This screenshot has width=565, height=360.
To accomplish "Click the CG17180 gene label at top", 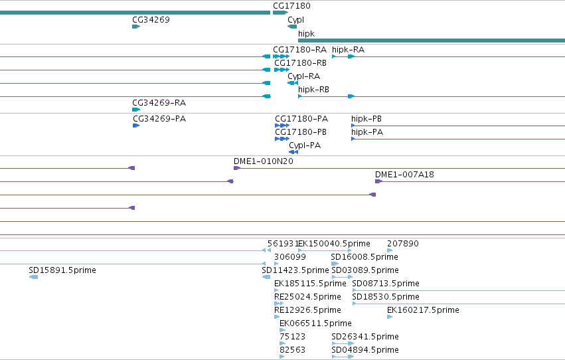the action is pyautogui.click(x=291, y=6).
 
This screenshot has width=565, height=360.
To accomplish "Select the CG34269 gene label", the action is pyautogui.click(x=151, y=20).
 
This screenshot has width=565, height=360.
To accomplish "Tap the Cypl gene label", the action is pyautogui.click(x=296, y=20).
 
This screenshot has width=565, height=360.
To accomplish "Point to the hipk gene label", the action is pyautogui.click(x=306, y=34).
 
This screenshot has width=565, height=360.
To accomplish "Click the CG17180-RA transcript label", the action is pyautogui.click(x=300, y=50).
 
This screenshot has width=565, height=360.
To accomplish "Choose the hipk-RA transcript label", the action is pyautogui.click(x=348, y=50).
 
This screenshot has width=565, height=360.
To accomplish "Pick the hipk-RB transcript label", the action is pyautogui.click(x=313, y=90).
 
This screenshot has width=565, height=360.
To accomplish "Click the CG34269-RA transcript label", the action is pyautogui.click(x=159, y=103).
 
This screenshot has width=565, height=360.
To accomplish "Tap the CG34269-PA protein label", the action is pyautogui.click(x=159, y=119).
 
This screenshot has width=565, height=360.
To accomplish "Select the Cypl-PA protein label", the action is pyautogui.click(x=305, y=146).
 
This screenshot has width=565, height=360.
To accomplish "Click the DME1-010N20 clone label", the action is pyautogui.click(x=264, y=161).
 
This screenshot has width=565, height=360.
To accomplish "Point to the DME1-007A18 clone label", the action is pyautogui.click(x=404, y=175).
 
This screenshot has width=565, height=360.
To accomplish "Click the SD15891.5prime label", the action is pyautogui.click(x=62, y=270).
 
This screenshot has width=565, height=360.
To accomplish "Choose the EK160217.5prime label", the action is pyautogui.click(x=423, y=311).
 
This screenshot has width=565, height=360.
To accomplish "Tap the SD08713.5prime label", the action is pyautogui.click(x=386, y=284).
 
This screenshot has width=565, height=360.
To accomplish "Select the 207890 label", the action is pyautogui.click(x=403, y=244).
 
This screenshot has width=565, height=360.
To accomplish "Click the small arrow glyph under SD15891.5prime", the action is pyautogui.click(x=33, y=277).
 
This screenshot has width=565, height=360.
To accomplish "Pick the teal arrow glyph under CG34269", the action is pyautogui.click(x=136, y=27).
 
